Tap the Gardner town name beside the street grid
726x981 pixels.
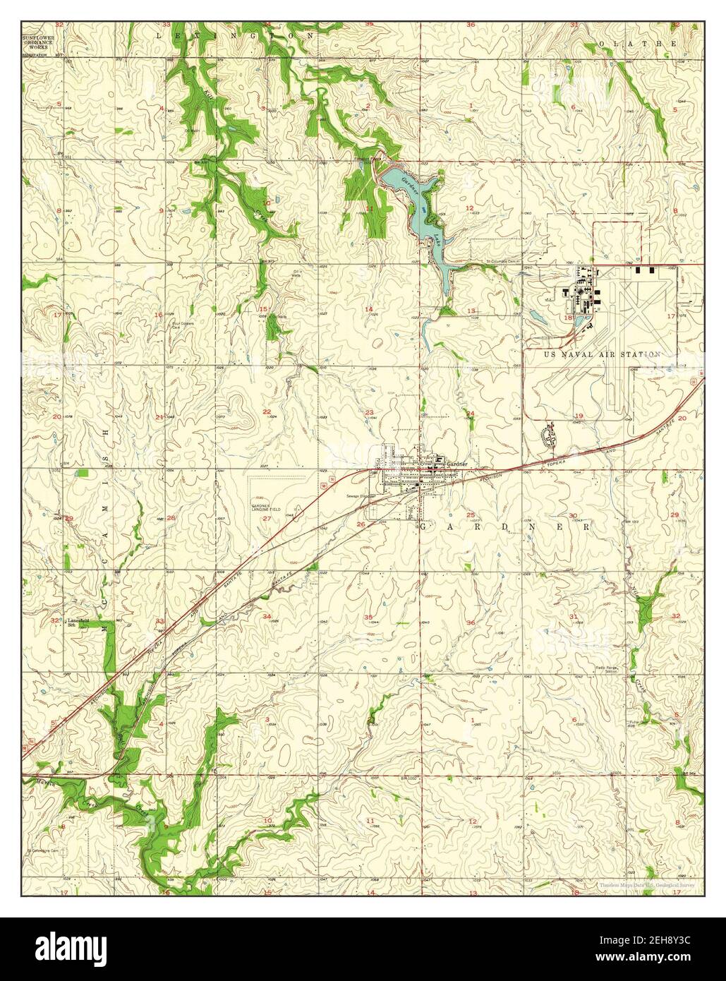click(456, 463)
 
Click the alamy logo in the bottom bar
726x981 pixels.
click(81, 949)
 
